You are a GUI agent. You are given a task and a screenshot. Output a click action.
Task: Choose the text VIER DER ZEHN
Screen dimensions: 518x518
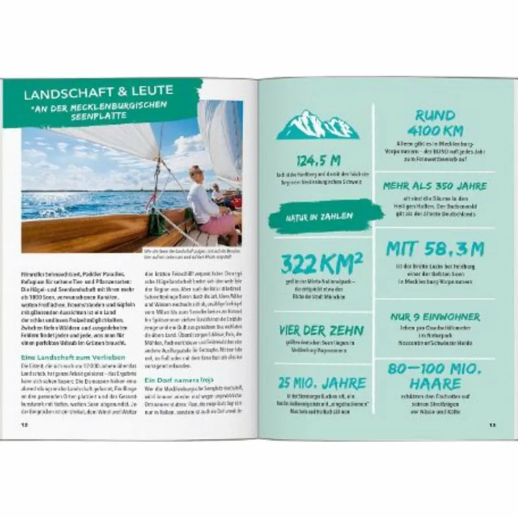coord(322,331)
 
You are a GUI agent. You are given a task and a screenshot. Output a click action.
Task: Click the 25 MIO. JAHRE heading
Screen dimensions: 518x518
coord(322,383)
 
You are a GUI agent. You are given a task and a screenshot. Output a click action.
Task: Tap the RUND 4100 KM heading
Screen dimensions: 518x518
coord(435,122)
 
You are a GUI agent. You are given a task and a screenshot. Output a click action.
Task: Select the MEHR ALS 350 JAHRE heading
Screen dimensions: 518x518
coord(435,186)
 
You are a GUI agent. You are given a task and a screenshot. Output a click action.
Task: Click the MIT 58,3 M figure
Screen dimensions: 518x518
coord(435,248)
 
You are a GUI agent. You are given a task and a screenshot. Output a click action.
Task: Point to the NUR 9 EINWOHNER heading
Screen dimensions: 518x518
coord(435,317)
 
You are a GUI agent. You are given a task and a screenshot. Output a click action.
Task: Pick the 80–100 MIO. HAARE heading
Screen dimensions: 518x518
coord(435,376)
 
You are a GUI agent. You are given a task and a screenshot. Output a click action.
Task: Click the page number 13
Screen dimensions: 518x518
coord(492,424)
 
